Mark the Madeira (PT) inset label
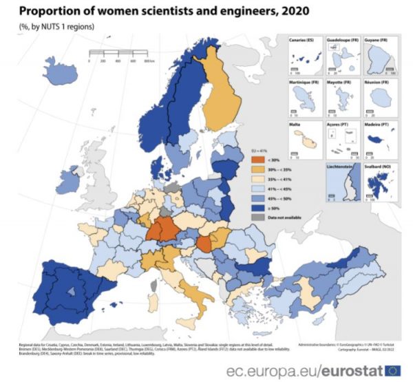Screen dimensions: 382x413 (379, 125)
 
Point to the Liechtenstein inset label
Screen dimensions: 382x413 (344, 167)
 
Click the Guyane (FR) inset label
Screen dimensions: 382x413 (381, 41)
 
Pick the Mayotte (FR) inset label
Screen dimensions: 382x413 (341, 83)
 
